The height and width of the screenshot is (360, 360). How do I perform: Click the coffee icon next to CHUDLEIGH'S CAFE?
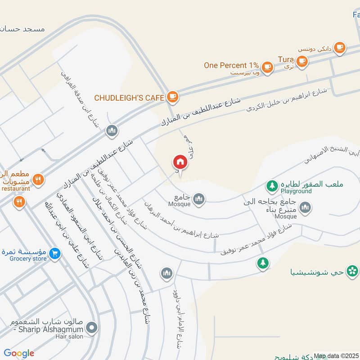pyautogui.click(x=172, y=96)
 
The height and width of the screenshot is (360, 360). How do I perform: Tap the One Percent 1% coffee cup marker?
pyautogui.click(x=268, y=66)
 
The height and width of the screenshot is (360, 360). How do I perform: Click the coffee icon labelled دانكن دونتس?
pyautogui.click(x=339, y=47)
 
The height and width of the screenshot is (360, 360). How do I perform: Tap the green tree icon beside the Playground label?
pyautogui.click(x=272, y=185)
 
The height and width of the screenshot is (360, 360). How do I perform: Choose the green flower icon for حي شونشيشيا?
pyautogui.click(x=353, y=270)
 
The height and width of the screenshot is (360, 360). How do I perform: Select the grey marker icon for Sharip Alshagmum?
pyautogui.click(x=92, y=327)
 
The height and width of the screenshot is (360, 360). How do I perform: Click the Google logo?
pyautogui.click(x=19, y=353)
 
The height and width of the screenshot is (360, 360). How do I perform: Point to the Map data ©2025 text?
pyautogui.click(x=336, y=356)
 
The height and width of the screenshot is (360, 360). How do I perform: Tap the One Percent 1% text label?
pyautogui.click(x=231, y=65)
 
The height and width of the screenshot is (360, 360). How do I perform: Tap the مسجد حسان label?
pyautogui.click(x=23, y=29)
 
